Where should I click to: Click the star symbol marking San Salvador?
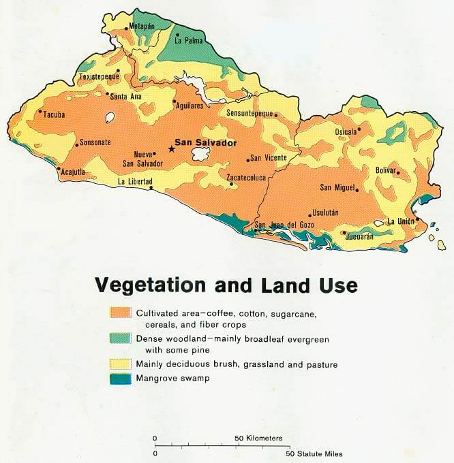(x=170, y=149)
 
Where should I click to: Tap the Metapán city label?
(x=142, y=27)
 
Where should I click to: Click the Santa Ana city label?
(x=126, y=96)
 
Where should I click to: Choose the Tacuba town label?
(x=55, y=114)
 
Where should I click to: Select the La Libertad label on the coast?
(x=135, y=182)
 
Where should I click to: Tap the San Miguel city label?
(x=339, y=187)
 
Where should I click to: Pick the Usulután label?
(x=326, y=213)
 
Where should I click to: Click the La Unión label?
(x=402, y=222)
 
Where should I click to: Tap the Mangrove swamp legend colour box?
(x=121, y=378)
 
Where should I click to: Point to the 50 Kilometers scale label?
(x=258, y=438)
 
